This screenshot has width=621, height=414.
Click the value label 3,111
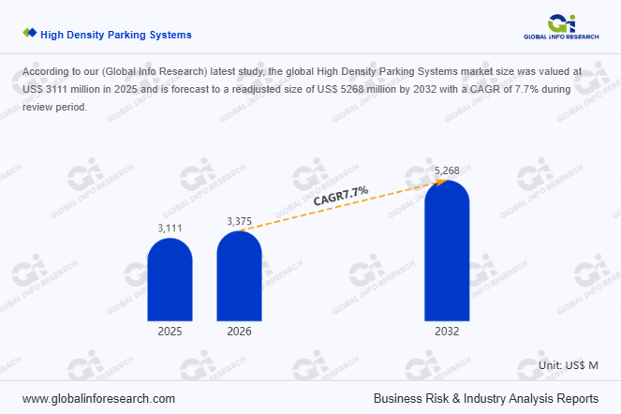tap(170, 229)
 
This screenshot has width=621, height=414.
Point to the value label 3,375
tap(240, 221)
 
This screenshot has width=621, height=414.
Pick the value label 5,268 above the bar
tap(448, 170)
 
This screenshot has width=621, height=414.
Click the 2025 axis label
tap(170, 332)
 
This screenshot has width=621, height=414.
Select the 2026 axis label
tap(239, 332)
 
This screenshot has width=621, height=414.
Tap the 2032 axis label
tap(447, 332)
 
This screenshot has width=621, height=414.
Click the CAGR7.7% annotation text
tap(341, 195)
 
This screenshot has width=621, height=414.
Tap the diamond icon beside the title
tap(30, 34)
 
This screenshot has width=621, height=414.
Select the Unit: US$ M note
tap(569, 364)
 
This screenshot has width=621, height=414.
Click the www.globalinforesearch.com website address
tap(98, 398)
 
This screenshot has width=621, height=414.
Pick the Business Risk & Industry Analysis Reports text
tap(485, 398)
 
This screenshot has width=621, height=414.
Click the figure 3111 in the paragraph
tap(60, 89)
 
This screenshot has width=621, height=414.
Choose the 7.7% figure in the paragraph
tap(501, 89)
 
